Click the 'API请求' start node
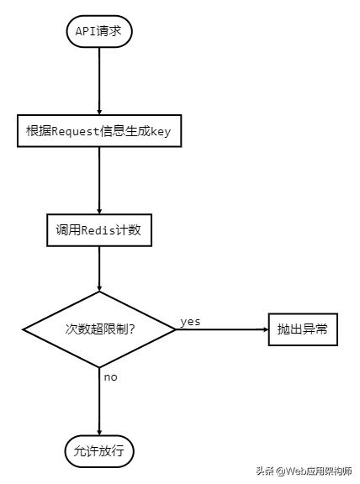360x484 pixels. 99,31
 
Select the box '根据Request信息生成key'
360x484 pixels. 99,131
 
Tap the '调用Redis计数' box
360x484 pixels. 99,230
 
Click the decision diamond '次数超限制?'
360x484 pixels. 99,329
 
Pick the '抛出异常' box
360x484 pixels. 303,329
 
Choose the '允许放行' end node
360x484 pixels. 99,451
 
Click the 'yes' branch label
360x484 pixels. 190,322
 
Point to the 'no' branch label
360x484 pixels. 111,377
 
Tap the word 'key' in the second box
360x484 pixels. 161,131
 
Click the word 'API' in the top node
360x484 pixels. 86,31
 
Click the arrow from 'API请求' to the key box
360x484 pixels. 99,82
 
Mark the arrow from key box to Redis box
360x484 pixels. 99,181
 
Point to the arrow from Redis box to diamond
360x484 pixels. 99,269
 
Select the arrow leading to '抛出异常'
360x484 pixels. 222,329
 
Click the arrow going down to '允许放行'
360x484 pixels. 99,402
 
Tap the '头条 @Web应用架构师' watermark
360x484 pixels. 304,471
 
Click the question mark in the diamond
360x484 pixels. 132,329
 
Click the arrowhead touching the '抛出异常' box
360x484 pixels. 266,329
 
